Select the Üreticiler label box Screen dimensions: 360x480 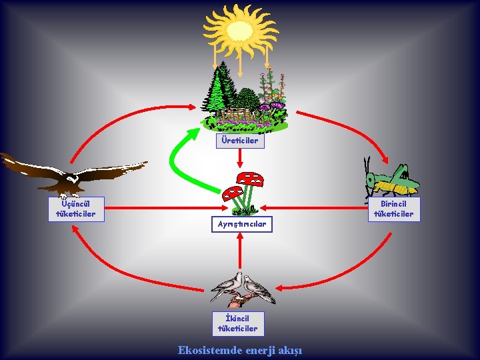240,141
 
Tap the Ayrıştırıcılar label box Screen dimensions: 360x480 241,224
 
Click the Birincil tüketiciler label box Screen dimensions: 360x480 393,209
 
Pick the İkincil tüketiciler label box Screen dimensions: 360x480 237,323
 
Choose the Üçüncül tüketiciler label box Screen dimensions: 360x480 75,209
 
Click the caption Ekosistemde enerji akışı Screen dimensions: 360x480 240,349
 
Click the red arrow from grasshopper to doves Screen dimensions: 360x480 353,267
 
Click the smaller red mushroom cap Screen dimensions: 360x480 231,193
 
